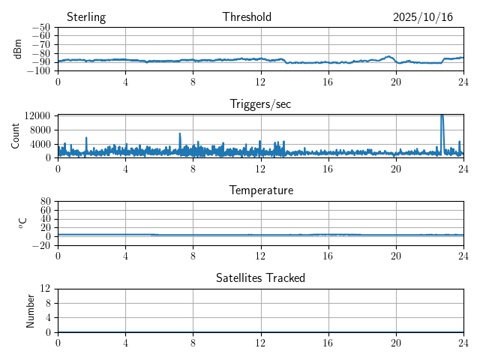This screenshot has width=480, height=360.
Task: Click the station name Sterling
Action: coord(86,17)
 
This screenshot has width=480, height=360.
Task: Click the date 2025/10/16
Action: coord(423,17)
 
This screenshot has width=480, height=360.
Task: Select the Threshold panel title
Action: coord(247,17)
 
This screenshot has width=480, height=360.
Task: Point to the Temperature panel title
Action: coord(260,190)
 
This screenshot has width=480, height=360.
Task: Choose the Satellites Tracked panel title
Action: coord(260,277)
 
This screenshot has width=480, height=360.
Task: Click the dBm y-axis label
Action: coord(18,49)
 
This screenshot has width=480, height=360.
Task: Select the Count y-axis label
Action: coord(16,136)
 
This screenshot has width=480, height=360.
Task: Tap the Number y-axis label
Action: coord(31,310)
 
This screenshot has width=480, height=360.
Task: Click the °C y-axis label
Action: coord(22,223)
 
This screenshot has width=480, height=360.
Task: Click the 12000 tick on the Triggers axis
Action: coord(37,115)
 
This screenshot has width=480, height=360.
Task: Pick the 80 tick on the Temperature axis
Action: coord(46,202)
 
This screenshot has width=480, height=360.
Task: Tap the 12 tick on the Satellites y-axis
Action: coord(46,289)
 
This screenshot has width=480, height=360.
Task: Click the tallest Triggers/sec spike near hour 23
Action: coord(442,116)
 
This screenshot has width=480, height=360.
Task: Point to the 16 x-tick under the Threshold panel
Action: coord(328,82)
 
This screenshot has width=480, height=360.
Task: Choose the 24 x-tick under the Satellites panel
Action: coord(463,343)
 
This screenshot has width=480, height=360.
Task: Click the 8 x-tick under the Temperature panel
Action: coord(193,256)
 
